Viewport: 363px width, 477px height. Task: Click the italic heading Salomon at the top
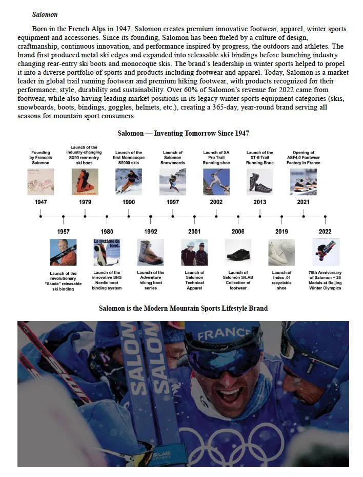tap(45, 15)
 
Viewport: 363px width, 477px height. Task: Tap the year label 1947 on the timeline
tap(41, 202)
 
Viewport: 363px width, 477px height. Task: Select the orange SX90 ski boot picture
tap(85, 182)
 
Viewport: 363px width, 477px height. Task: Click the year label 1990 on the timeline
tap(129, 202)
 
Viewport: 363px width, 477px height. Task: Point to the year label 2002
tap(216, 202)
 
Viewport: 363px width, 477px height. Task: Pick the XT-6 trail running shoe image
tap(260, 182)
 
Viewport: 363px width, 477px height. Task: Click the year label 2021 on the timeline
tap(304, 202)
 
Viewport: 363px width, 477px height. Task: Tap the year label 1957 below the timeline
tap(63, 232)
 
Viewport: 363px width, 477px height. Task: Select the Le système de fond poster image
tap(107, 252)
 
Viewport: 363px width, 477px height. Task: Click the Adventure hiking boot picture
tap(151, 252)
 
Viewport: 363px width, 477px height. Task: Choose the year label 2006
tap(238, 232)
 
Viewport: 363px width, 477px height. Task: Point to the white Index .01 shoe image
tap(281, 252)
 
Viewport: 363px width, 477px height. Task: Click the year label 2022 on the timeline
tap(325, 232)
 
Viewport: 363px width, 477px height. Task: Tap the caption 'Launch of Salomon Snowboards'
tap(173, 158)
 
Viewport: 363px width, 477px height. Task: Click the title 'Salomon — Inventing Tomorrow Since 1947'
tap(183, 133)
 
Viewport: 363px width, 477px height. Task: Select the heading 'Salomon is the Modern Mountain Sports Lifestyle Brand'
tap(183, 308)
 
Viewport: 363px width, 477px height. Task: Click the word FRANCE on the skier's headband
tap(224, 335)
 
